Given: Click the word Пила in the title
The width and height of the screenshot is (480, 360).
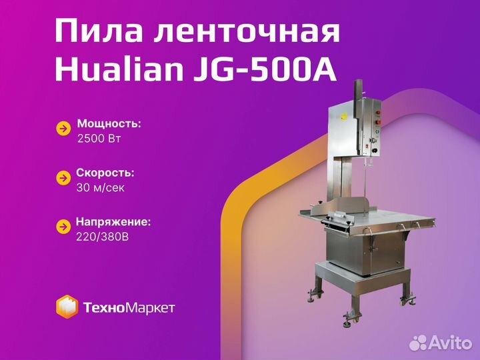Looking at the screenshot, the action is point(99,31).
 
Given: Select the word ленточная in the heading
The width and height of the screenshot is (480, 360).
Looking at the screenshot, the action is point(247,31).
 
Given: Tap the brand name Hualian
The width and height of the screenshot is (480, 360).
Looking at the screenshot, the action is point(119,71).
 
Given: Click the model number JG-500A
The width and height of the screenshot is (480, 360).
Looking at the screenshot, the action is point(265,71).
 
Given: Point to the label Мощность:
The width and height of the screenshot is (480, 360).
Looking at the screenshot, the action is point(109,124).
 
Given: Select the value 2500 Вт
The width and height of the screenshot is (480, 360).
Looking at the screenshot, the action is point(99,139).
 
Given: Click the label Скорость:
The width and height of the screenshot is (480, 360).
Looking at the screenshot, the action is point(105,173).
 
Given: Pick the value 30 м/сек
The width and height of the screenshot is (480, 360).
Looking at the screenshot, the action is point(101,187).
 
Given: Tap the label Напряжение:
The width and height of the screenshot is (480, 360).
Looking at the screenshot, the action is point(113,222).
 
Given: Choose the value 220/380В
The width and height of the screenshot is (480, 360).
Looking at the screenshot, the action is point(102,237).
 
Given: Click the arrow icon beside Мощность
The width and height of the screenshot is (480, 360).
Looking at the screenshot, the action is point(63,129).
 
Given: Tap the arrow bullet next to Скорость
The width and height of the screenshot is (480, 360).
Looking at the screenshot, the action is point(63,178).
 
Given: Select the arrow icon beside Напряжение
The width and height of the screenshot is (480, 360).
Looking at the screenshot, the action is point(63,227).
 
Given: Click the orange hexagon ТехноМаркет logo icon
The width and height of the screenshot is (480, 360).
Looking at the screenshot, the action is point(67,307).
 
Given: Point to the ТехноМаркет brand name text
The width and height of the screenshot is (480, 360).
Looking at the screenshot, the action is point(129,307).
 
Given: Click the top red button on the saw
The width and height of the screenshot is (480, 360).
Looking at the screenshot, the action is point(378,113).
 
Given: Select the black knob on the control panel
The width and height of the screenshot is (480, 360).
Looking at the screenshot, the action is point(375,150).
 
